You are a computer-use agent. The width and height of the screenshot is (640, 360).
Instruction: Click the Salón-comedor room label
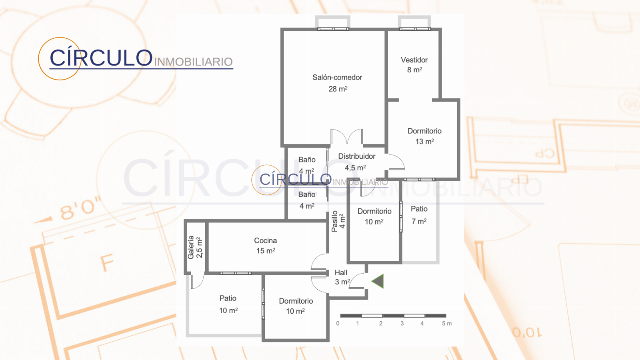click(x=337, y=78)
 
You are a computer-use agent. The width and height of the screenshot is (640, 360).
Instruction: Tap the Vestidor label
click(x=414, y=60)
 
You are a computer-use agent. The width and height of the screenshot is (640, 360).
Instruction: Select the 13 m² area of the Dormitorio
click(x=424, y=142)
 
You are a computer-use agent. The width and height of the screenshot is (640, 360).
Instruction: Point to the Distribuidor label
click(x=356, y=156)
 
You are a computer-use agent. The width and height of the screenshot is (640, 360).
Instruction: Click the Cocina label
click(x=266, y=240)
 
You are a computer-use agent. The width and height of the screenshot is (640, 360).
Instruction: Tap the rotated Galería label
click(x=191, y=248)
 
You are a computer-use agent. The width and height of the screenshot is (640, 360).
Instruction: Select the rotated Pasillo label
click(x=334, y=221)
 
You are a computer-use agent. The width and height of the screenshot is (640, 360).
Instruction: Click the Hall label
click(x=341, y=272)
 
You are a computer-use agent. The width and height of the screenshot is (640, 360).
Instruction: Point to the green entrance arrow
click(x=378, y=281)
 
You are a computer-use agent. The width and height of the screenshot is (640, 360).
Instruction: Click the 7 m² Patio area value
click(x=419, y=222)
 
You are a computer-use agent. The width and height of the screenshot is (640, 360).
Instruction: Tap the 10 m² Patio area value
click(x=228, y=310)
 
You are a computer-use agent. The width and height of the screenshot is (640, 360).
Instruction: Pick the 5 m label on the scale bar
click(x=447, y=324)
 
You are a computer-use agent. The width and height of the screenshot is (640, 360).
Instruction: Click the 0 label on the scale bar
click(x=338, y=324)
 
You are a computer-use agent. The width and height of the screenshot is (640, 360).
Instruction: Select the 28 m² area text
click(x=338, y=89)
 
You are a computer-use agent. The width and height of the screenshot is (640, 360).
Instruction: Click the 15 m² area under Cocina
click(x=266, y=251)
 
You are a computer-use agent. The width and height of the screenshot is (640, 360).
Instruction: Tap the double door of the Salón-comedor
click(x=347, y=136)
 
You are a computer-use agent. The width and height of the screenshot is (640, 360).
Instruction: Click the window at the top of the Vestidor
click(x=415, y=29)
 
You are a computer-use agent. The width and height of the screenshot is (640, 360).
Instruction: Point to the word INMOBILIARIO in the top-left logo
click(x=194, y=62)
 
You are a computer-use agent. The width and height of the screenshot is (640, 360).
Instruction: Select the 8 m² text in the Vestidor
click(x=414, y=70)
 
